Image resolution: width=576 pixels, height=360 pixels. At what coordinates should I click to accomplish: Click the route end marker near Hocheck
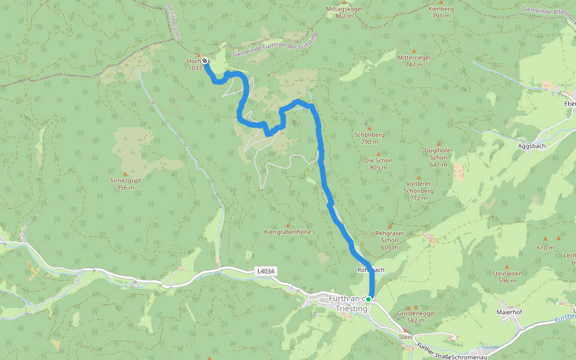205,61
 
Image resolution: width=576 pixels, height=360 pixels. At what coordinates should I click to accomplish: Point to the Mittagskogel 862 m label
344,13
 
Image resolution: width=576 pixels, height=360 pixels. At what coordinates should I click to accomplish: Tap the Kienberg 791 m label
441,13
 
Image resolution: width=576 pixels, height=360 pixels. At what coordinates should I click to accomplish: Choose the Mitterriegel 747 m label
415,61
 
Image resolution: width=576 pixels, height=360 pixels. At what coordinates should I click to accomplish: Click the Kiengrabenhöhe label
288,232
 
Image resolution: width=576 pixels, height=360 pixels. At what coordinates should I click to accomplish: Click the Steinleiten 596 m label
507,277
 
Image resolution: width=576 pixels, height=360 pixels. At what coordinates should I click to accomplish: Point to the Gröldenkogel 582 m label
415,317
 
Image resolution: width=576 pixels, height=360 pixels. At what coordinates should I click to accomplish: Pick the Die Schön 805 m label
379,164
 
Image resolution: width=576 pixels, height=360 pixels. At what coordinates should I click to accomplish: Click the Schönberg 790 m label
370,138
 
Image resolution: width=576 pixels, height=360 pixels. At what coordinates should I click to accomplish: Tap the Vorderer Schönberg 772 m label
418,190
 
